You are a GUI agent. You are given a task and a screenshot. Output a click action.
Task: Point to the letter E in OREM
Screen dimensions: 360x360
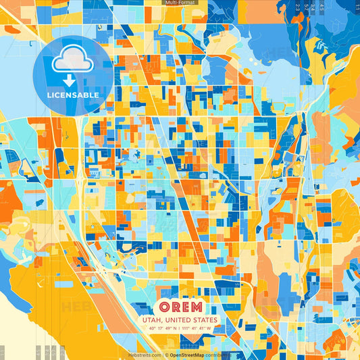(187, 306)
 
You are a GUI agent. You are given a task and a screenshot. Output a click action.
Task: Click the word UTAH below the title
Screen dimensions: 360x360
(151, 320)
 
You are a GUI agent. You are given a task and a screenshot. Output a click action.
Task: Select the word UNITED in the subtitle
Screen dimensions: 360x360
(174, 320)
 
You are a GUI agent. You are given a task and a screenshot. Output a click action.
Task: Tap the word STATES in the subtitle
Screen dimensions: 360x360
(203, 320)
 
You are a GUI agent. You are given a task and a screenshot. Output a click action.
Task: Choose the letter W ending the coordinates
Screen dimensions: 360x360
(209, 329)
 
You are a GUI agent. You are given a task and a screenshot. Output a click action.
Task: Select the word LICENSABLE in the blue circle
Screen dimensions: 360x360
(72, 95)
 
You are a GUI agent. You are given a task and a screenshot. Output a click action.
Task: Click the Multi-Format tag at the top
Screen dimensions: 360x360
(180, 3)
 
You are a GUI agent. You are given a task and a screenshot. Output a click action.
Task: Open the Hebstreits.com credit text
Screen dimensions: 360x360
(145, 355)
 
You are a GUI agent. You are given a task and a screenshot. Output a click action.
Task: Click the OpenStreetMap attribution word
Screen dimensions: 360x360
(187, 355)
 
